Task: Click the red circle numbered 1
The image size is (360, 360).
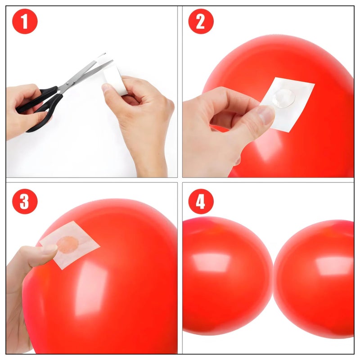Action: (25, 21)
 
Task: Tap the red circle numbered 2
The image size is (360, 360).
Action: (201, 21)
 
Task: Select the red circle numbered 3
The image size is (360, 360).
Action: (25, 201)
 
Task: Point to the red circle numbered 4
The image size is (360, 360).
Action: (201, 201)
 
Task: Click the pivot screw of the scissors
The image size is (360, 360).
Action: (67, 84)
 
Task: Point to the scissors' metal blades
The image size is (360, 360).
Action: (85, 72)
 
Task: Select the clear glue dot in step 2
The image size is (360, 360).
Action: (284, 98)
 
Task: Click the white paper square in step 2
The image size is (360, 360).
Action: (287, 104)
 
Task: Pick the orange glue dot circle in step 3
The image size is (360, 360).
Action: (67, 245)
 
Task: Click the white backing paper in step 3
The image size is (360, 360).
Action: (70, 245)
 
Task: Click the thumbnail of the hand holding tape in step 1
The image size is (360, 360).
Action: (106, 88)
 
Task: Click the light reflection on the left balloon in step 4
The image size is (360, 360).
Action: (211, 262)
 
